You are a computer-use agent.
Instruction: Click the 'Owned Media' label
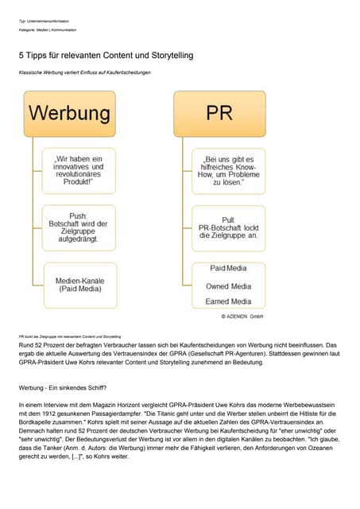click(229, 286)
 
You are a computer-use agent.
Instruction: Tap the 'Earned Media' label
click(229, 301)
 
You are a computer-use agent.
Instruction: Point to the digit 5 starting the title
click(21, 56)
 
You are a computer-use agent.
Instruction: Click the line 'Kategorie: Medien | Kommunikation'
click(48, 29)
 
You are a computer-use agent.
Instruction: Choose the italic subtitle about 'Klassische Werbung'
click(84, 72)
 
